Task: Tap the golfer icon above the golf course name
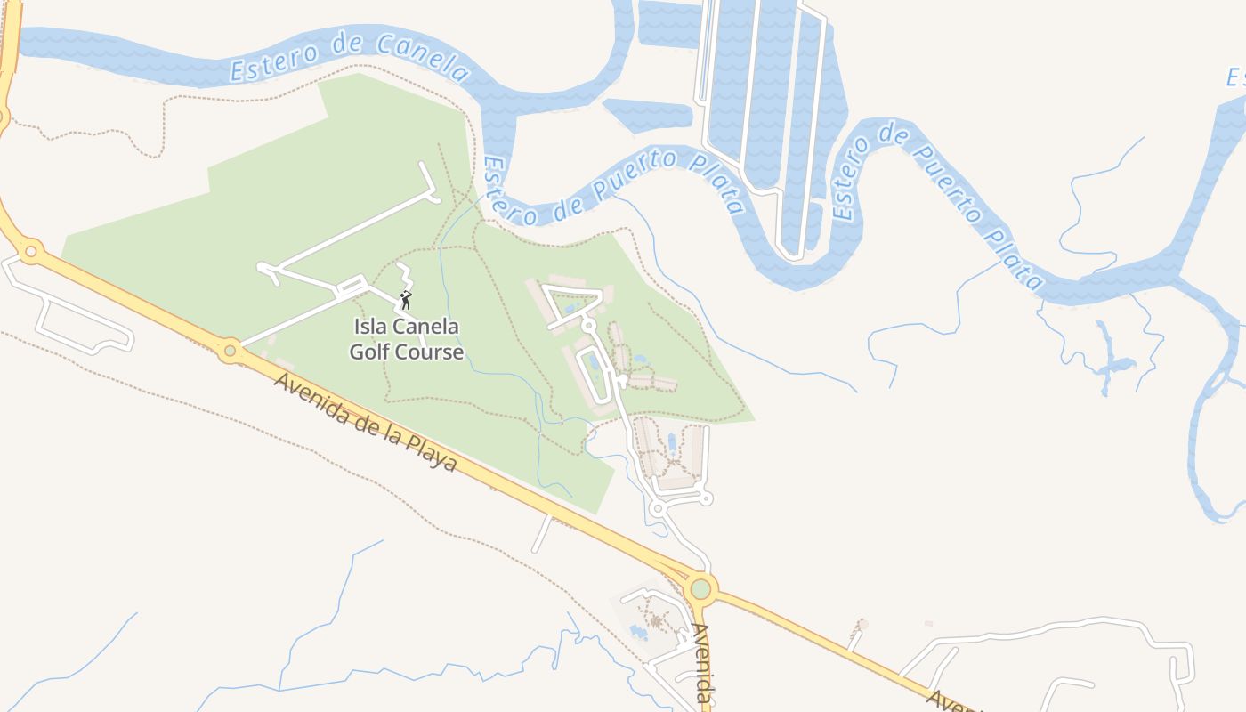406,300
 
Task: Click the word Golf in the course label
372,352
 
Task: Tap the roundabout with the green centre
701,588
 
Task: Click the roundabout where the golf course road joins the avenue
231,351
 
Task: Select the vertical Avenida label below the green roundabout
703,663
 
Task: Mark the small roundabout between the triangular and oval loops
588,327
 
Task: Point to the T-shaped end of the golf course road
427,182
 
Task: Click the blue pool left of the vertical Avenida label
638,633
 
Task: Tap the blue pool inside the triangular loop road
570,307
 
